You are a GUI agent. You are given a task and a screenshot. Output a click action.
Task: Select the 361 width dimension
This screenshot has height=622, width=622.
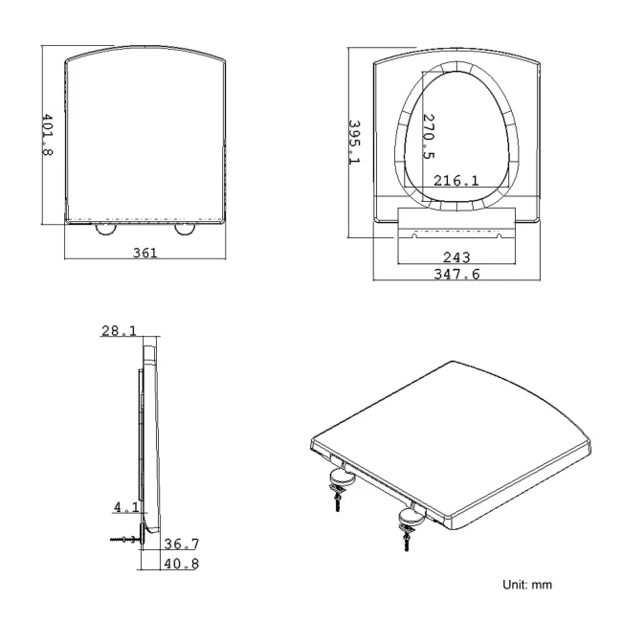(144, 253)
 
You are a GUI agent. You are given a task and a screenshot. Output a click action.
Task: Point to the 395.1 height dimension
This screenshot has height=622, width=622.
(354, 142)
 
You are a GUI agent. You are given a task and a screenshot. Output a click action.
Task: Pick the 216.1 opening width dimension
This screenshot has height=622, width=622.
(457, 180)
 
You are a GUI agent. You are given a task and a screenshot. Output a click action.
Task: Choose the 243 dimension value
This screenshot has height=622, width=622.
(456, 256)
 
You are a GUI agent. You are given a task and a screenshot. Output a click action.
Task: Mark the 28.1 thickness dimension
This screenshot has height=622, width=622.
(119, 330)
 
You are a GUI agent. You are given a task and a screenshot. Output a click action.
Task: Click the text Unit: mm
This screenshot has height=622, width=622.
(522, 583)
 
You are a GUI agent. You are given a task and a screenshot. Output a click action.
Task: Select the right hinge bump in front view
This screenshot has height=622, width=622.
(185, 229)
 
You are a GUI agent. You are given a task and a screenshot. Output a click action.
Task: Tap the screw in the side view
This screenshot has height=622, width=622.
(124, 539)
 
